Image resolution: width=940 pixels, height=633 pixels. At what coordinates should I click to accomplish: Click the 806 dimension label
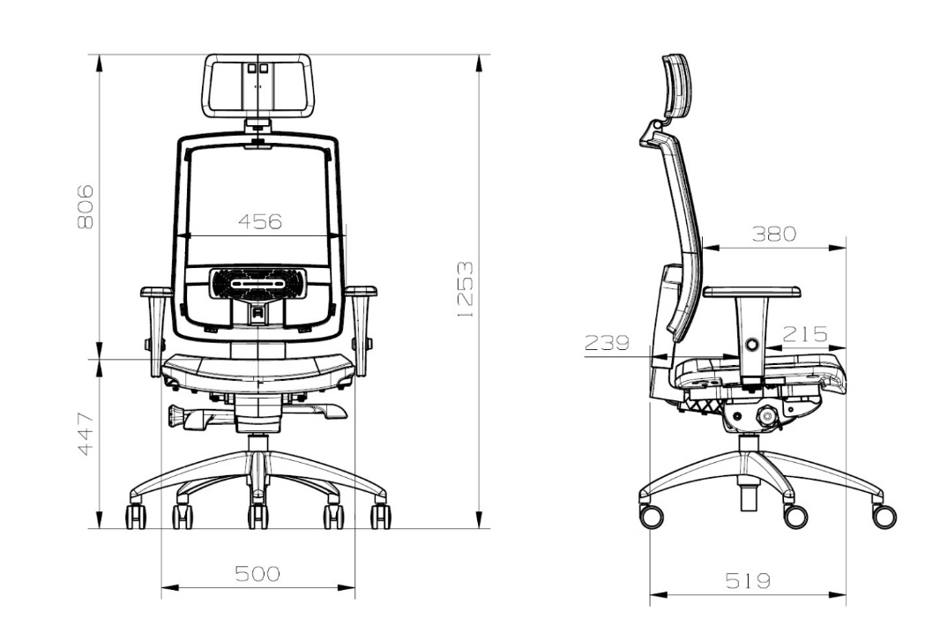click(86, 207)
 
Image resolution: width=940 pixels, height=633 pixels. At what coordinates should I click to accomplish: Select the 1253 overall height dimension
click(465, 289)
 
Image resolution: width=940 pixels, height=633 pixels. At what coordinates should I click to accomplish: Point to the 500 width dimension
click(257, 574)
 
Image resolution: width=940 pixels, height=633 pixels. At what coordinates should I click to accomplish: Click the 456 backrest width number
click(259, 221)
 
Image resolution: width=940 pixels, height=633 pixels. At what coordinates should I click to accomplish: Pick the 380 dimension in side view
click(774, 234)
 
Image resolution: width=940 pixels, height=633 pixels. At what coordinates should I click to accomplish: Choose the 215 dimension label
click(805, 334)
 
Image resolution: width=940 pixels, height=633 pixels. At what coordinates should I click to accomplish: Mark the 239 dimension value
click(607, 342)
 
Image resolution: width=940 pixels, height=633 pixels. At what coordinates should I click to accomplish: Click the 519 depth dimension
click(748, 580)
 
